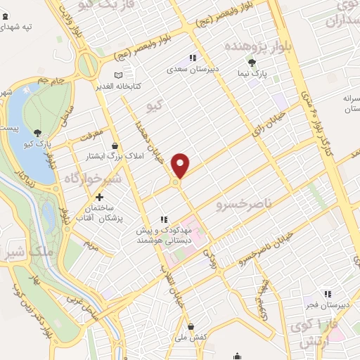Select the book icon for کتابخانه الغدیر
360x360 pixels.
118,75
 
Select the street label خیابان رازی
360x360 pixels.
271,122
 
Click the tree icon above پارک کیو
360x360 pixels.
37,131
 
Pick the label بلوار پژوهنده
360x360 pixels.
255,45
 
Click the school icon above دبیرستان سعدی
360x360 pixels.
191,58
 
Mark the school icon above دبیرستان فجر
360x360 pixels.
327,294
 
